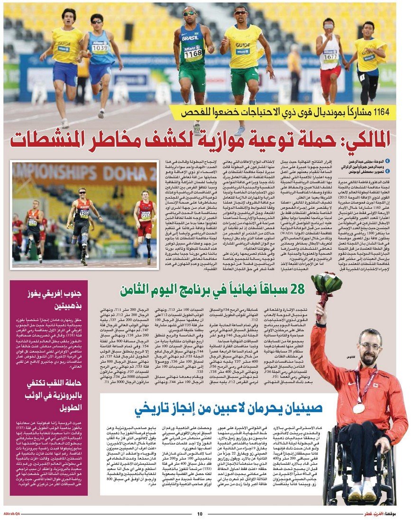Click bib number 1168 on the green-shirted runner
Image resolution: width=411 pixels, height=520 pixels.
click(x=193, y=54)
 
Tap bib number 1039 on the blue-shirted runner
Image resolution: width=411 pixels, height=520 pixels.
click(x=100, y=48)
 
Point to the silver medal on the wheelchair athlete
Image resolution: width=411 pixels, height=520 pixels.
click(x=359, y=408)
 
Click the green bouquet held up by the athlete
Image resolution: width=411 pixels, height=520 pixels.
click(x=327, y=283)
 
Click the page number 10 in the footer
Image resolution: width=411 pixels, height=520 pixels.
click(x=200, y=514)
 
